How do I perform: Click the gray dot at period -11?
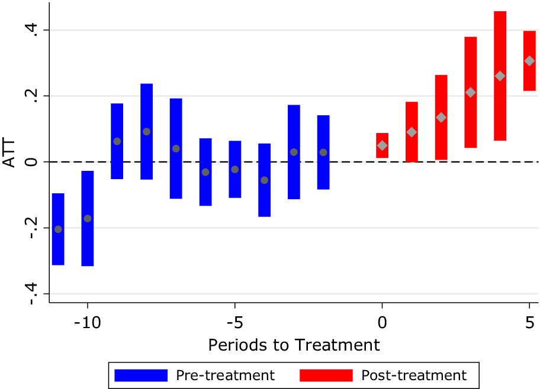[x=58, y=229]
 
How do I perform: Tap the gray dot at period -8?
[x=146, y=131]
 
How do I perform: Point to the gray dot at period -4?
[x=264, y=180]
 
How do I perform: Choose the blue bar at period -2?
[x=323, y=152]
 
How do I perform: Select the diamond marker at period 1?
[x=412, y=132]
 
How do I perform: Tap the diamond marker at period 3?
[x=470, y=92]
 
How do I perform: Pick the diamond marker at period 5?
[x=529, y=61]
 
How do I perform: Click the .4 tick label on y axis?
[x=33, y=30]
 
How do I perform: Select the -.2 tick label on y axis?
[x=33, y=228]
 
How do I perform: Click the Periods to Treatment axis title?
[x=294, y=345]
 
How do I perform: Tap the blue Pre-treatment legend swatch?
[x=141, y=375]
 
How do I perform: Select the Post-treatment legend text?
[x=414, y=375]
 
